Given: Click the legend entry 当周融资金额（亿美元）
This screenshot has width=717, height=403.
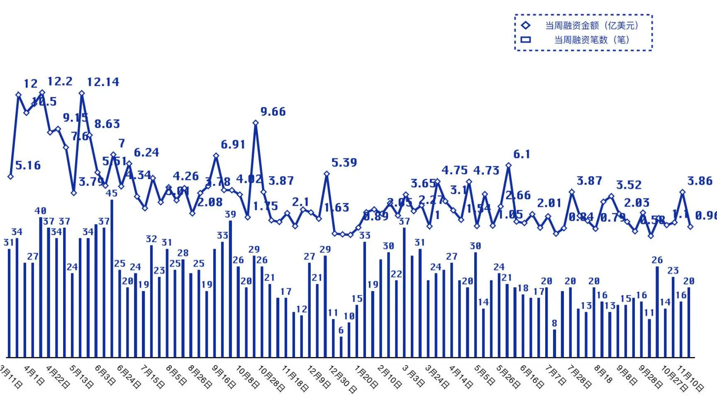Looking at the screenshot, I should pos(591,26).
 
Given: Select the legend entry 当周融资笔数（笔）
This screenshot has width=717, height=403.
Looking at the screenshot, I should pos(591,40).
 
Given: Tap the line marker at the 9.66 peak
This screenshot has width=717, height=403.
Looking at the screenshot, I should pos(256,123).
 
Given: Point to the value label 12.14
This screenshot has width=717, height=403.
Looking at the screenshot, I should pos(103,82).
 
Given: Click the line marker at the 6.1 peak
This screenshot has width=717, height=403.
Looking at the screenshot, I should pos(508,165).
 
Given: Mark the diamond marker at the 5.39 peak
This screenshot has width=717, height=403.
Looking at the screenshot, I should pos(327,174).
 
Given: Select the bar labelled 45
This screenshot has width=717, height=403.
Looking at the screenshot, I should pos(112,278).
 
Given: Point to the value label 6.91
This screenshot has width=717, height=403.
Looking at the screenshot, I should pos(233,145).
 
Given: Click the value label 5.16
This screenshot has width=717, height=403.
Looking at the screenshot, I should pos(28,165).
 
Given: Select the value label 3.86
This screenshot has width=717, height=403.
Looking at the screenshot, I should pos(700,181).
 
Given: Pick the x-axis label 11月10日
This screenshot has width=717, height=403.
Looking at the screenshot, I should pos(690,378).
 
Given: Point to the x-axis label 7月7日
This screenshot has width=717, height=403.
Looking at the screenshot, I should pos(555,375).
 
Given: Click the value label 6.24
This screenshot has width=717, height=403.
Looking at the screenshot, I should pos(146,153).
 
